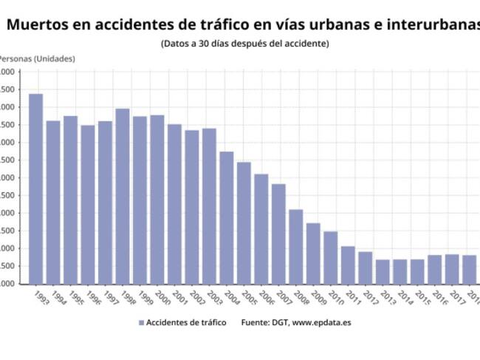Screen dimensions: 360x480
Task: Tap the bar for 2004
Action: [227, 217]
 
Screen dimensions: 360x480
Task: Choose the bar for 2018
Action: [469, 269]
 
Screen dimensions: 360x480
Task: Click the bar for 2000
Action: [157, 199]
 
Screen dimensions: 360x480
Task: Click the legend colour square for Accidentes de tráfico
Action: [140, 323]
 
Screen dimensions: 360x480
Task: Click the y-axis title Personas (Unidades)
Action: [37, 58]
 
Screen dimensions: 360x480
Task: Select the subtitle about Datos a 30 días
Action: [244, 44]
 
